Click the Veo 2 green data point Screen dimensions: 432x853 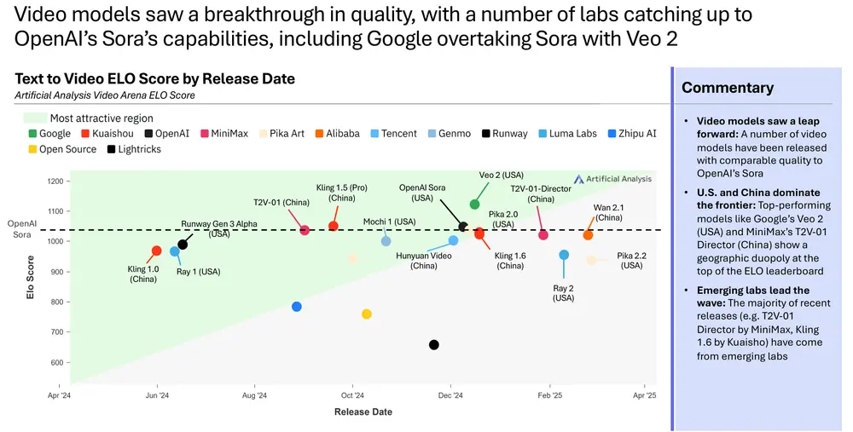tap(475, 204)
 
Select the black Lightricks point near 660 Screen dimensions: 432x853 tap(434, 345)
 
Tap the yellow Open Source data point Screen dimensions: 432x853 tap(367, 314)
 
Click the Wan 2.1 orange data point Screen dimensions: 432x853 tap(588, 235)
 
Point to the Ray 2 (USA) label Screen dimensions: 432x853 tap(564, 292)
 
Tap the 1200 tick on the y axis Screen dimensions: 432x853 tap(54, 181)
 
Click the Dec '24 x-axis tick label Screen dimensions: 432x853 tap(450, 395)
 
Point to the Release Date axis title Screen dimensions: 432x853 tap(363, 412)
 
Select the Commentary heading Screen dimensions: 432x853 tap(728, 88)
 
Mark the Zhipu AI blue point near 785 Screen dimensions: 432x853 tap(297, 307)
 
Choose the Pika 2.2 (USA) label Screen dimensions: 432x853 tap(631, 260)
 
